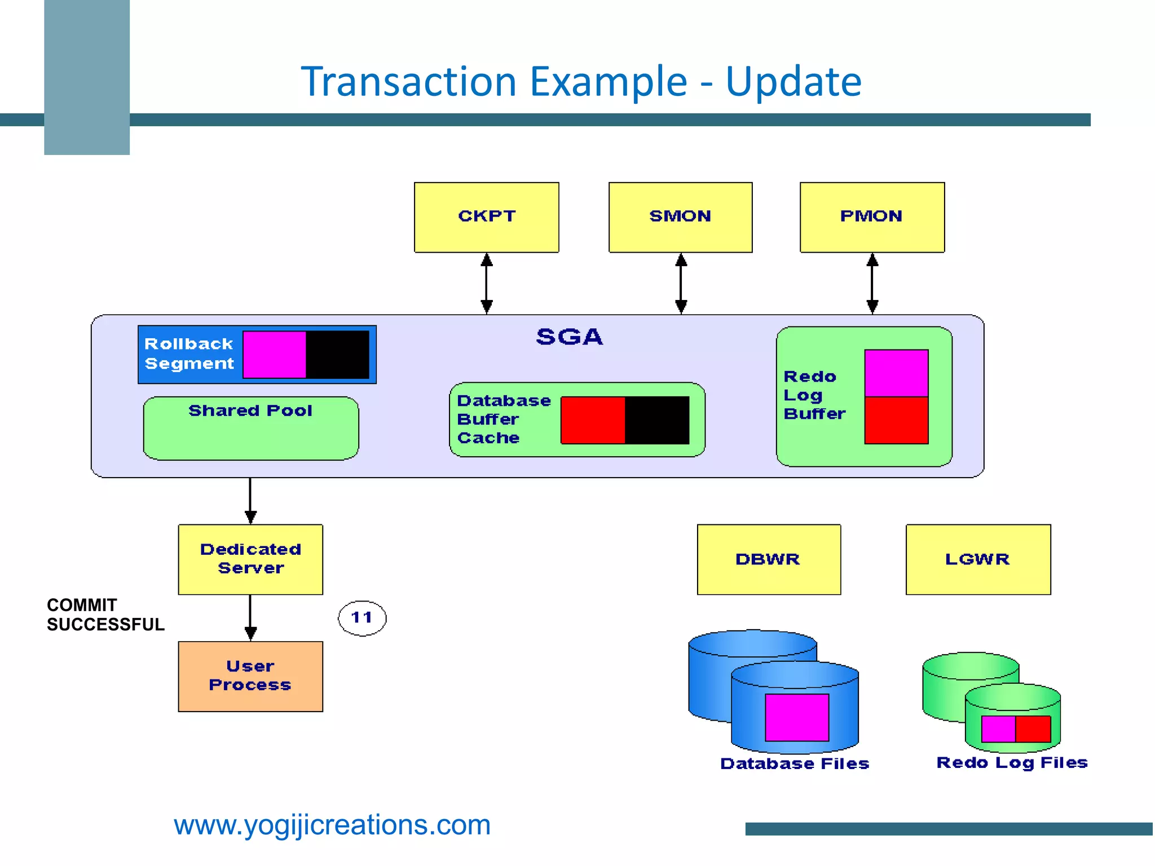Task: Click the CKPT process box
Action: pos(486,217)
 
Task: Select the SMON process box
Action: pos(680,217)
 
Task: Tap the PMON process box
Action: pos(872,217)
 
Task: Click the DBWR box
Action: pos(769,559)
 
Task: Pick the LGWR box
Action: pos(978,559)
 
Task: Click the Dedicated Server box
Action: pos(250,559)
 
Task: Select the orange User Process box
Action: pos(250,676)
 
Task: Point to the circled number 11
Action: pos(362,618)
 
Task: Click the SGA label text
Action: pos(569,337)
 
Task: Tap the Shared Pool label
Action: pos(250,410)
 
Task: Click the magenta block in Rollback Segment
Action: pos(275,355)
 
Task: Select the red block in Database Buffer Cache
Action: pos(593,420)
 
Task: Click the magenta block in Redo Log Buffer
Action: pos(896,373)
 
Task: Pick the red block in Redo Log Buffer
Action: pos(896,420)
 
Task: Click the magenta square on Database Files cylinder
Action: pos(797,717)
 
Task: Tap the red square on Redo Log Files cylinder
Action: pos(1033,729)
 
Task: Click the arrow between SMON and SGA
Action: pos(681,284)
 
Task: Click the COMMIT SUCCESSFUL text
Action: pos(105,615)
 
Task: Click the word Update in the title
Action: pos(793,82)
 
